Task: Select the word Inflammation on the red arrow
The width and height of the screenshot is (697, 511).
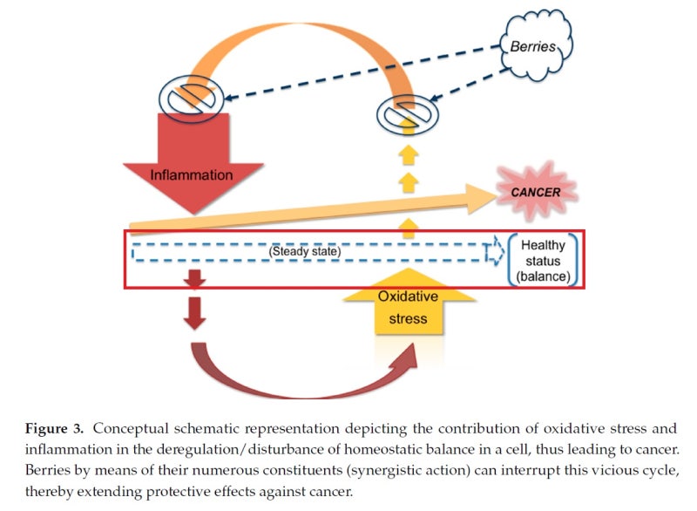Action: (191, 175)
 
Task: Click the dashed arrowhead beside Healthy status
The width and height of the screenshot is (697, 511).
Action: (494, 252)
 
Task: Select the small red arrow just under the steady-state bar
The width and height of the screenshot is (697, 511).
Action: (196, 280)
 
